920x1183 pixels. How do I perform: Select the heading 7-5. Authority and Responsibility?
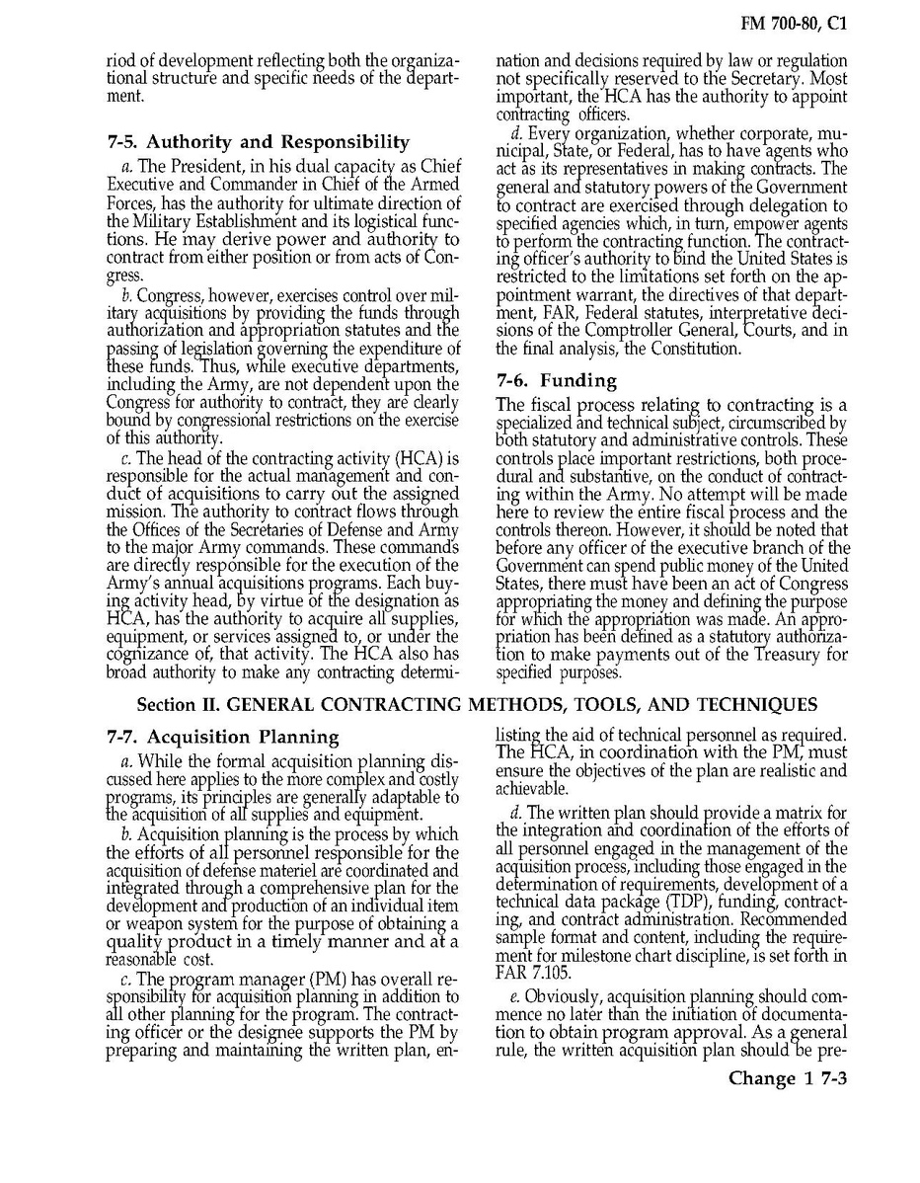coord(258,141)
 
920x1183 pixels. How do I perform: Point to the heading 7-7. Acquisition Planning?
coord(222,737)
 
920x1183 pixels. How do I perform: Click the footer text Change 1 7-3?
coord(788,1077)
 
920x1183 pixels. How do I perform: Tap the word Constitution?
coord(693,349)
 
